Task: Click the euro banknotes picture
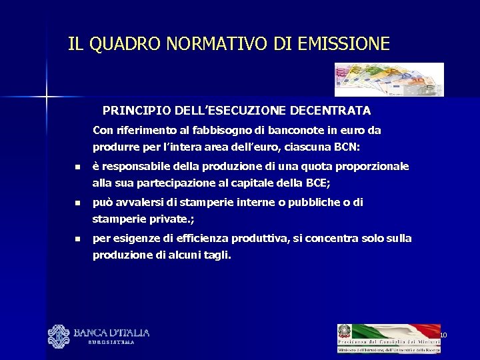click(x=389, y=79)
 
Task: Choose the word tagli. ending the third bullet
click(x=215, y=255)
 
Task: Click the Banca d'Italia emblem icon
click(x=58, y=336)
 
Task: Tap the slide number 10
click(x=443, y=335)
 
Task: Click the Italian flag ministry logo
click(x=388, y=338)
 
